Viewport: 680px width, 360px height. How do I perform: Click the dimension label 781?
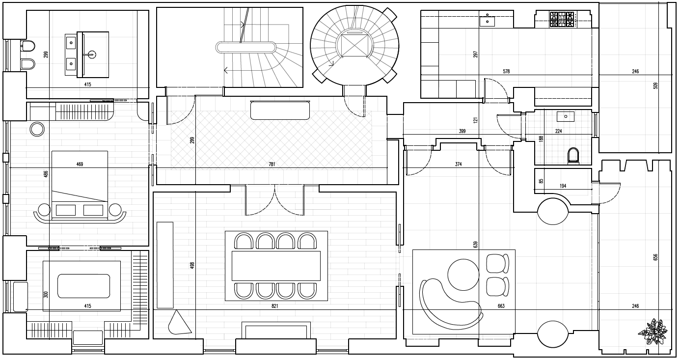point(272,164)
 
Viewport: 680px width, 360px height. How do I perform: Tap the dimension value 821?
point(275,306)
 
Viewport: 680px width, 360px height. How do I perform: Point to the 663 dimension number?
point(501,306)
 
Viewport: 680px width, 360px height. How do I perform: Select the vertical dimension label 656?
point(655,257)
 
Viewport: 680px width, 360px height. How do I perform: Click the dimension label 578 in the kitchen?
point(506,71)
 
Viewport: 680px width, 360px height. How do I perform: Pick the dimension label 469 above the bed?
point(80,164)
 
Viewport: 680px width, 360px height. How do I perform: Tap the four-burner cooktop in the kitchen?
point(562,20)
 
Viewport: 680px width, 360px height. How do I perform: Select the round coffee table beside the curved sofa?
point(463,275)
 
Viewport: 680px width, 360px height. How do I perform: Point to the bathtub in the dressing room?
point(82,286)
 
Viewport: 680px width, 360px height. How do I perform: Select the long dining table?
point(276,266)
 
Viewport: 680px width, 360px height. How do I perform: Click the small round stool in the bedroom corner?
point(38,129)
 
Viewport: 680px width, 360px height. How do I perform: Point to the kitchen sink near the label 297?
point(487,21)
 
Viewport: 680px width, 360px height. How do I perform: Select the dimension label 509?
point(655,86)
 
